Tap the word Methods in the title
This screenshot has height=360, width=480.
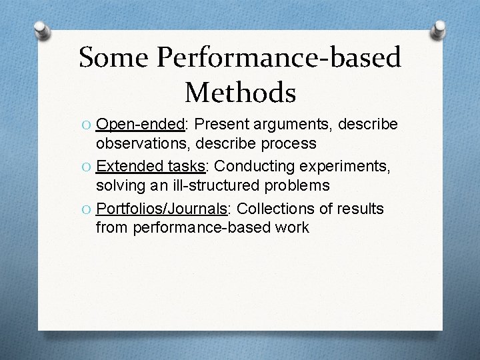point(240,92)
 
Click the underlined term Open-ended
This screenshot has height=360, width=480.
point(139,125)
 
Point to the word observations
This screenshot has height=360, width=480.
point(139,143)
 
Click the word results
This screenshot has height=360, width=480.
point(360,209)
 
